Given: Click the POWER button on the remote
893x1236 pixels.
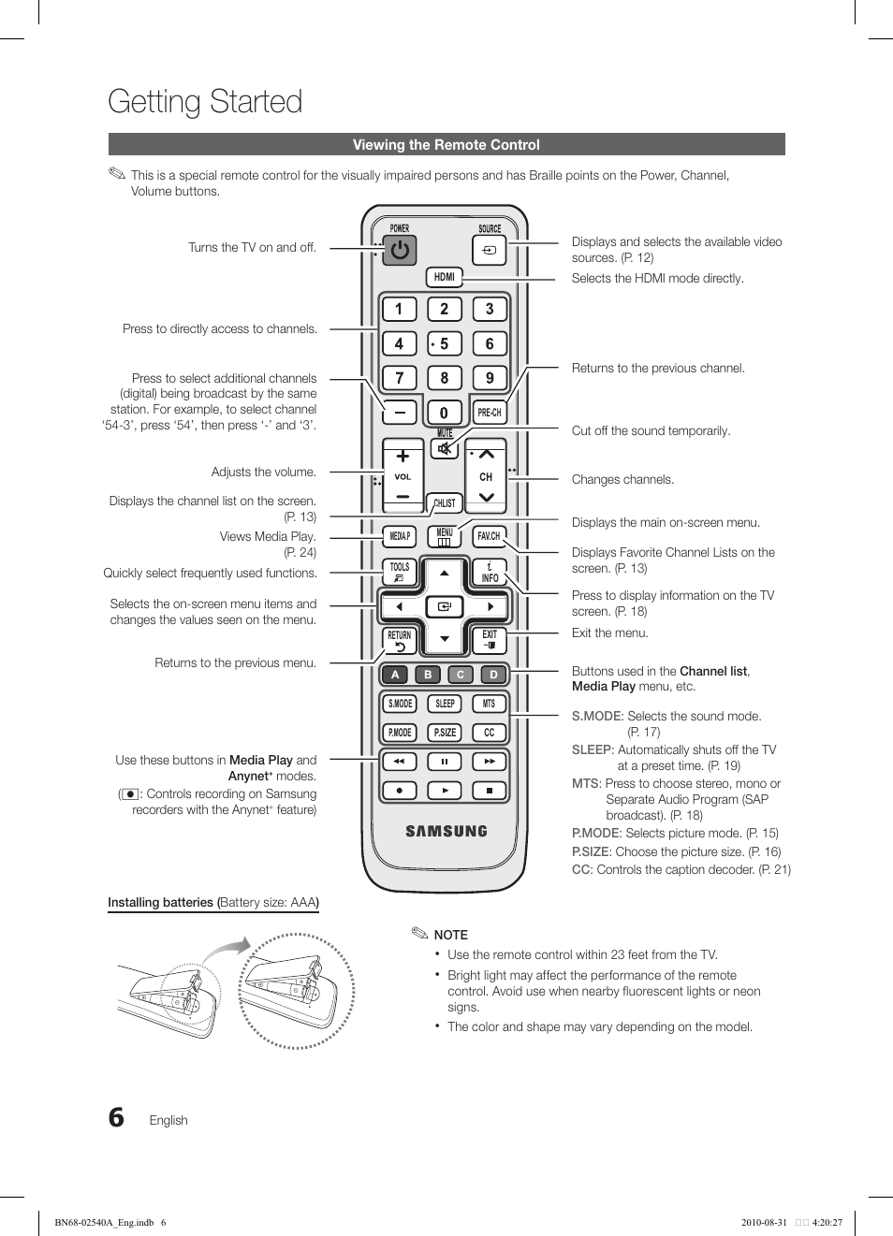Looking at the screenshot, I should (x=400, y=251).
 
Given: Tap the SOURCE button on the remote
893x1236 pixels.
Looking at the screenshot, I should (x=490, y=251).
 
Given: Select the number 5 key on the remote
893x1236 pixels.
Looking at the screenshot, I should (x=444, y=344).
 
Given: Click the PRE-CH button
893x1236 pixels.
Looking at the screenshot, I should (x=489, y=413).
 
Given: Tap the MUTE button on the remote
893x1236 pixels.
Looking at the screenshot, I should (x=445, y=448).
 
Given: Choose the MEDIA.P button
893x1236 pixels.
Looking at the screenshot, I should (x=400, y=536).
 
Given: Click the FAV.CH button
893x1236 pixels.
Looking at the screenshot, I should (x=489, y=536).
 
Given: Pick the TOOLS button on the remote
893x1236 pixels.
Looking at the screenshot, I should (x=400, y=572).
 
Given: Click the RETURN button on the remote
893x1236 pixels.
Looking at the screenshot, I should (x=400, y=641).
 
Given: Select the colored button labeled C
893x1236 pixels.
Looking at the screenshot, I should (x=461, y=675).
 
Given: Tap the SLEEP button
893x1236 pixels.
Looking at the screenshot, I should (x=445, y=704).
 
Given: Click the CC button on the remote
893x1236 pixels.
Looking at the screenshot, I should (x=489, y=733).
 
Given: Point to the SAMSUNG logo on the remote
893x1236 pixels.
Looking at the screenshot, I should (x=446, y=831).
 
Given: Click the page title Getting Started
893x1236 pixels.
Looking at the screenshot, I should (x=205, y=101).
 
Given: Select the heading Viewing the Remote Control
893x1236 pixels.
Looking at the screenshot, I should (x=446, y=145).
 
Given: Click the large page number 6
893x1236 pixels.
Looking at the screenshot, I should (x=116, y=1117).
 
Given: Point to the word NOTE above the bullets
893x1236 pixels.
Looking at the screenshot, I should (x=450, y=935).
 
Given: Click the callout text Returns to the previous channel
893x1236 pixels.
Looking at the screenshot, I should (x=658, y=369).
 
